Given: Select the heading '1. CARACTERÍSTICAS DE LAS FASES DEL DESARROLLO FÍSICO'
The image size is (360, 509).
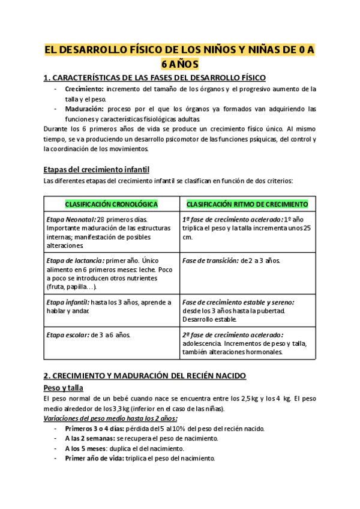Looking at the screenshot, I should [x=155, y=78].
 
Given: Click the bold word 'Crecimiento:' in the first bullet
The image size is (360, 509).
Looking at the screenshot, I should [x=84, y=89].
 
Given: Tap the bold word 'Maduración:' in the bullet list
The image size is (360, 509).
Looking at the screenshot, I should [x=84, y=109].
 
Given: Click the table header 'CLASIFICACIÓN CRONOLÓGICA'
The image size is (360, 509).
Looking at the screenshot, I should [x=111, y=204].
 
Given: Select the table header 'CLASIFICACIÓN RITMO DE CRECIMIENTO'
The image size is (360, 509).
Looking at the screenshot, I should [x=248, y=204].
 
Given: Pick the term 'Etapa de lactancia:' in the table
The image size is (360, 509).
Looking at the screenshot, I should [x=74, y=261].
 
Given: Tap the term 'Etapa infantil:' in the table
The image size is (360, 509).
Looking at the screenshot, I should [x=67, y=302].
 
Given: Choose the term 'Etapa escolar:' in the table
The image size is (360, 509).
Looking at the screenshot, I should [x=67, y=334].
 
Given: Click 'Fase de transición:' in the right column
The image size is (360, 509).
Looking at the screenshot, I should [x=209, y=261].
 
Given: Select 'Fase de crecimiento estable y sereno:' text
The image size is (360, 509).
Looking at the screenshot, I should [x=238, y=302].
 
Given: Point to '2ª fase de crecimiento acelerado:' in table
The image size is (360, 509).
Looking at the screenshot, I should [x=233, y=334].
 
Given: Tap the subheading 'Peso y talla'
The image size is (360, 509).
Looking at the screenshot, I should [x=64, y=388].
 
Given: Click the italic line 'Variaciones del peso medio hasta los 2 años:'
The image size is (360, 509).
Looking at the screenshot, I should [x=111, y=418].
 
